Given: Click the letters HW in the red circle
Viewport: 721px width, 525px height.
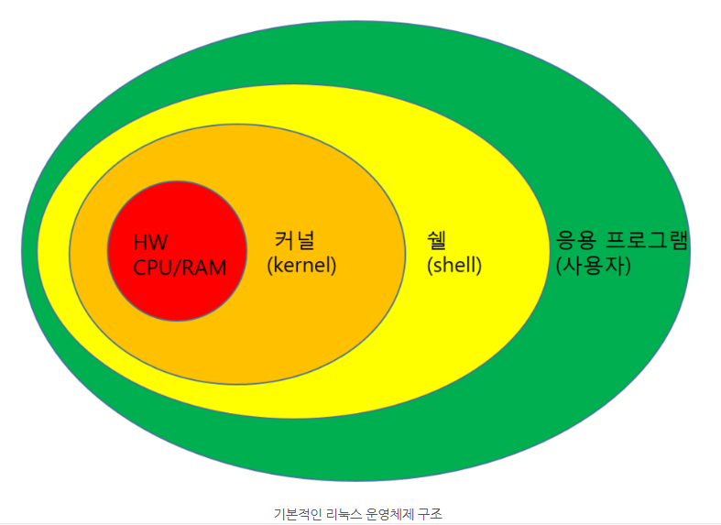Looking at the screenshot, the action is [x=151, y=244].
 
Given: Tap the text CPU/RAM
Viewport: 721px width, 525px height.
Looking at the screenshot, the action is [x=180, y=268].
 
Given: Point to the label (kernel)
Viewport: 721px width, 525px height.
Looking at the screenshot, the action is [x=302, y=266].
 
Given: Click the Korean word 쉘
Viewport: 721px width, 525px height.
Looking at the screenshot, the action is [x=437, y=241].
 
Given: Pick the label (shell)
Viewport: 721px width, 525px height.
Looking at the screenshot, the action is [x=454, y=266].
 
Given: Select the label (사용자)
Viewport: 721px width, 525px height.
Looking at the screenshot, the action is [x=594, y=266].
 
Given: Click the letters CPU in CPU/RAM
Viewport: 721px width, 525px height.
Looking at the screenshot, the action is [x=152, y=268].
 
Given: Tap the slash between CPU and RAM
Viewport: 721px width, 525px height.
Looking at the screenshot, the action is [x=179, y=268].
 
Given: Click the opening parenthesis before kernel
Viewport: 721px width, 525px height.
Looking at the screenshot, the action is [x=270, y=267].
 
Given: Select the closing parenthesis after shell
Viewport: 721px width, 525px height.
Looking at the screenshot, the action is [x=479, y=267].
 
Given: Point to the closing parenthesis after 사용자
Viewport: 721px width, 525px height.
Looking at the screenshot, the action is [x=628, y=267].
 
